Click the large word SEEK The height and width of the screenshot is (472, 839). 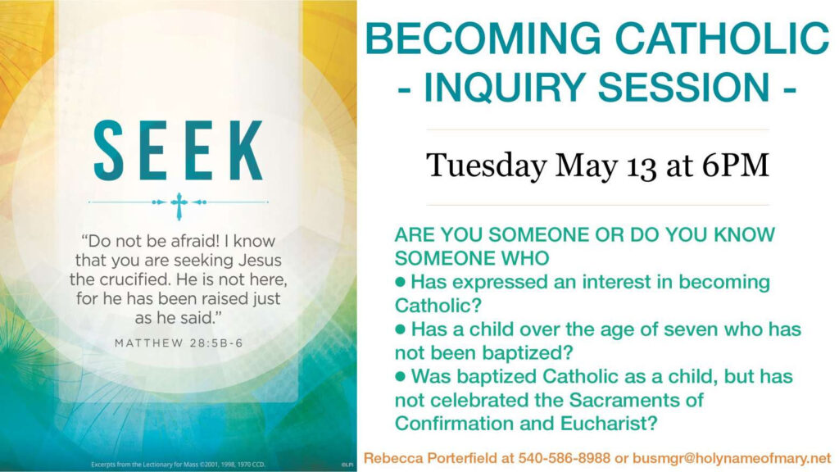[x=178, y=150]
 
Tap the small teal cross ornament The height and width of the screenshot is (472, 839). [x=179, y=206]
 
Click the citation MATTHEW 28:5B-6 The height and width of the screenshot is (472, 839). [x=179, y=343]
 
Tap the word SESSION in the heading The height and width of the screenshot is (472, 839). [x=684, y=87]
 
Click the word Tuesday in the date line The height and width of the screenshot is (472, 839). [x=487, y=166]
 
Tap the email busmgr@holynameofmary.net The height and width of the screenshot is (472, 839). [x=732, y=459]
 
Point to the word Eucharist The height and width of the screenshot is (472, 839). [x=609, y=424]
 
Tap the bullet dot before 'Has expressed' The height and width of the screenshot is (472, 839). [x=400, y=282]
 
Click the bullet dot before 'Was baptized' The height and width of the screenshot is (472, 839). [x=400, y=376]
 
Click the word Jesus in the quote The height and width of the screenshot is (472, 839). [x=260, y=261]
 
